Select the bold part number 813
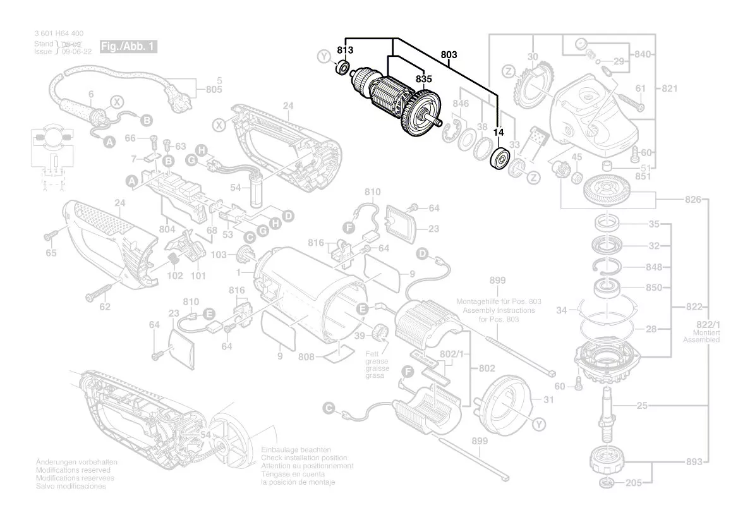346,49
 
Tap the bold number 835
424,80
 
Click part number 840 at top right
643,54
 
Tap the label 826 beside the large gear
693,200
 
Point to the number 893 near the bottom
694,462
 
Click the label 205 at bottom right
634,483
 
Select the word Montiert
706,332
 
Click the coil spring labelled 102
172,259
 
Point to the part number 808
307,357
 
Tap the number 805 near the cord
215,90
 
